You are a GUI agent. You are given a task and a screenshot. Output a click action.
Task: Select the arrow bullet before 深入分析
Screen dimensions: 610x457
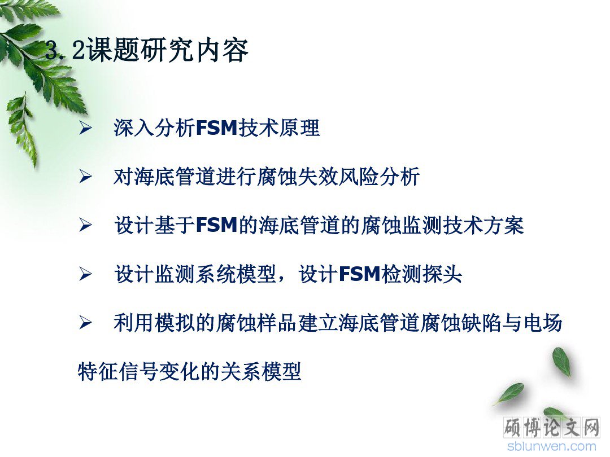click(86, 128)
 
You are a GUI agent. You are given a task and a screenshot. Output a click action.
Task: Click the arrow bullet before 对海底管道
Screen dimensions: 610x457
click(86, 177)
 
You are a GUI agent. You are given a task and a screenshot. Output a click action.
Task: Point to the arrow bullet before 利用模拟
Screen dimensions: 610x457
click(86, 323)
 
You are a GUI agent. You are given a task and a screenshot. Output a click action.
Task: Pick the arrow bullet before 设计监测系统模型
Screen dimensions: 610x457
click(86, 274)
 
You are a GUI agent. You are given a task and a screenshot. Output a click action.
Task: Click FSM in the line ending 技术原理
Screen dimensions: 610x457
click(217, 128)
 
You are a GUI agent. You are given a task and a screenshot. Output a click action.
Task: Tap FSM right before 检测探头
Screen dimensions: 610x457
click(359, 274)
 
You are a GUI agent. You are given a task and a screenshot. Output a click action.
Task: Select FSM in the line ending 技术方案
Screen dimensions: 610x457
click(217, 225)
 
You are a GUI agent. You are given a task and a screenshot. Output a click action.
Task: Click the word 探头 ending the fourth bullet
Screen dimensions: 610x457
click(442, 274)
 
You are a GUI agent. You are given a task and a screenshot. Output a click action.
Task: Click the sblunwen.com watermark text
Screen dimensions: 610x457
click(552, 446)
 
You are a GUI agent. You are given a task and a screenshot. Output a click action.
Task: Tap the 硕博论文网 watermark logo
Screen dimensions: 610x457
click(552, 428)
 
